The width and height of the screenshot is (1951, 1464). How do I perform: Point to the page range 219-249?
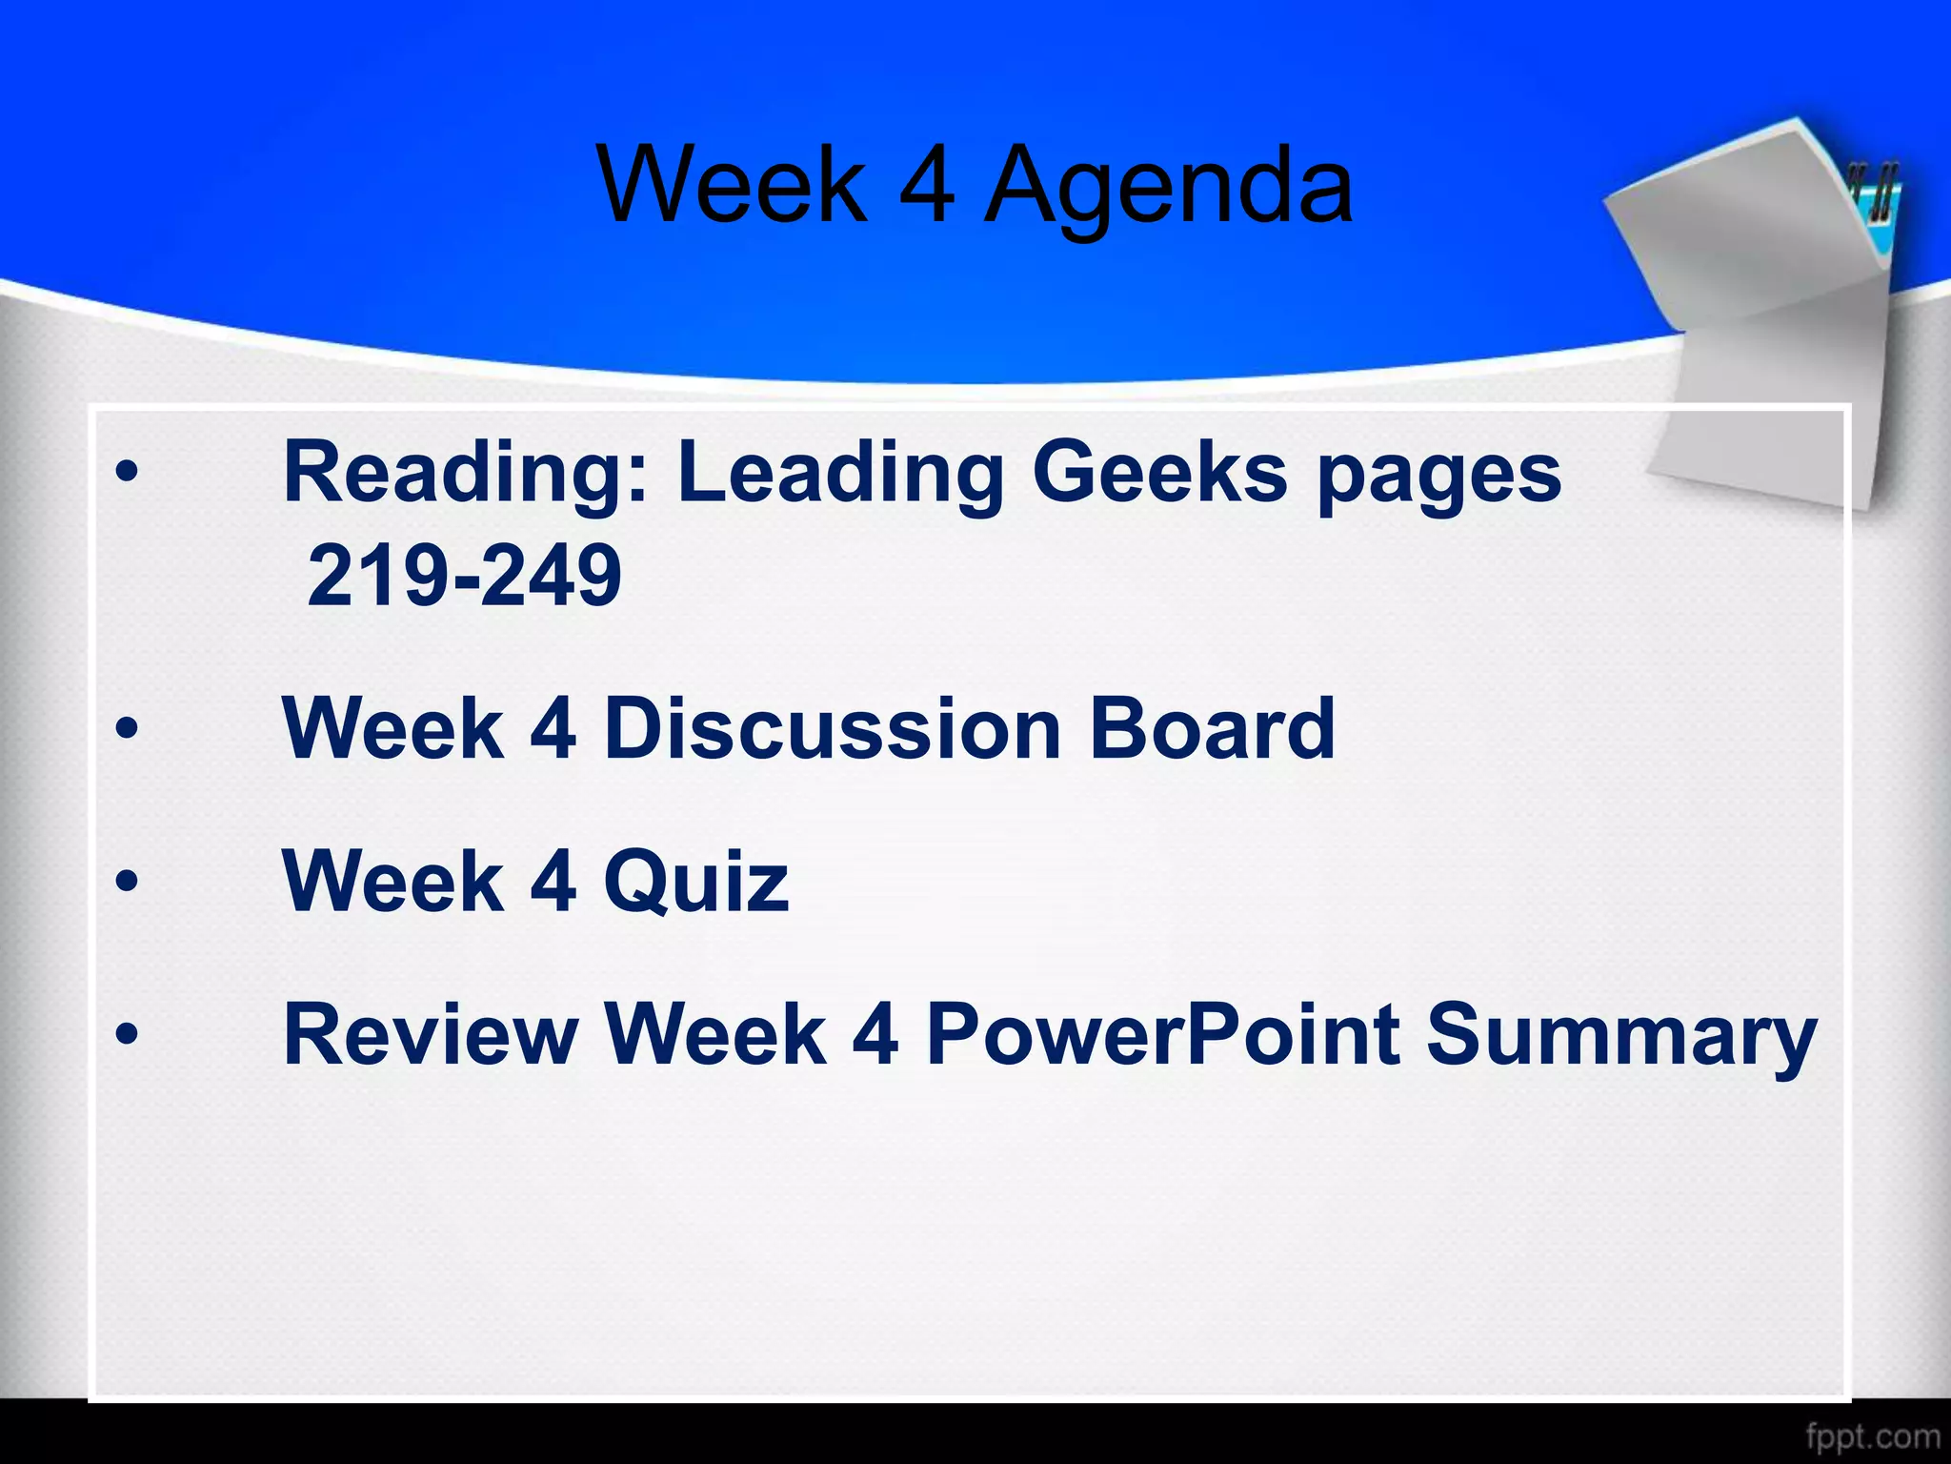click(x=464, y=576)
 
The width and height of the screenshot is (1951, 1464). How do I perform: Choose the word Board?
click(x=1212, y=729)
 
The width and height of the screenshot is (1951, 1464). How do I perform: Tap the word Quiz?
click(x=696, y=882)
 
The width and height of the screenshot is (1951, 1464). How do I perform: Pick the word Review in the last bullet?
click(x=431, y=1035)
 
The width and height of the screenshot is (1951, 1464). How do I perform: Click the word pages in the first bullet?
click(x=1439, y=475)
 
